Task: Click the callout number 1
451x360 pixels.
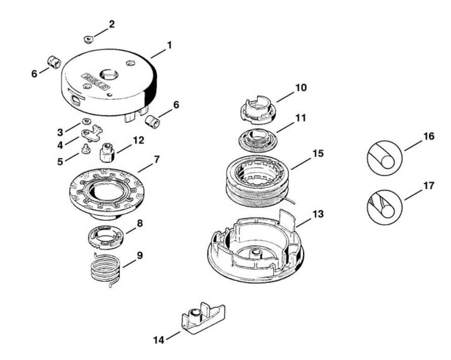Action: pyautogui.click(x=169, y=45)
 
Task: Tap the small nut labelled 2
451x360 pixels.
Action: pyautogui.click(x=88, y=38)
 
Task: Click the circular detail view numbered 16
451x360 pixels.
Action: pyautogui.click(x=384, y=158)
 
